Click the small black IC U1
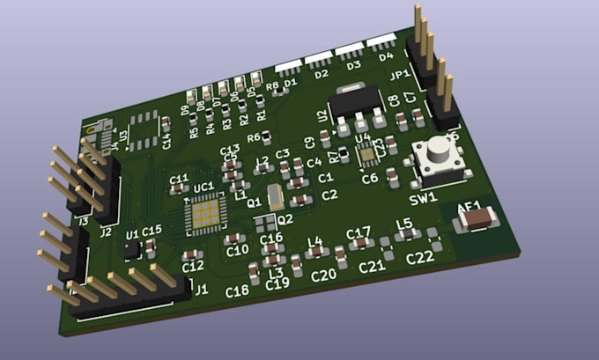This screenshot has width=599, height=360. [x=132, y=251]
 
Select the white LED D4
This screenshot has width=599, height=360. [x=381, y=41]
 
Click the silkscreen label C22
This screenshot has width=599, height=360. [x=419, y=257]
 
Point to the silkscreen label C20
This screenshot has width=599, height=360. [x=324, y=275]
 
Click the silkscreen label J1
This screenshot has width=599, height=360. [x=201, y=289]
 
